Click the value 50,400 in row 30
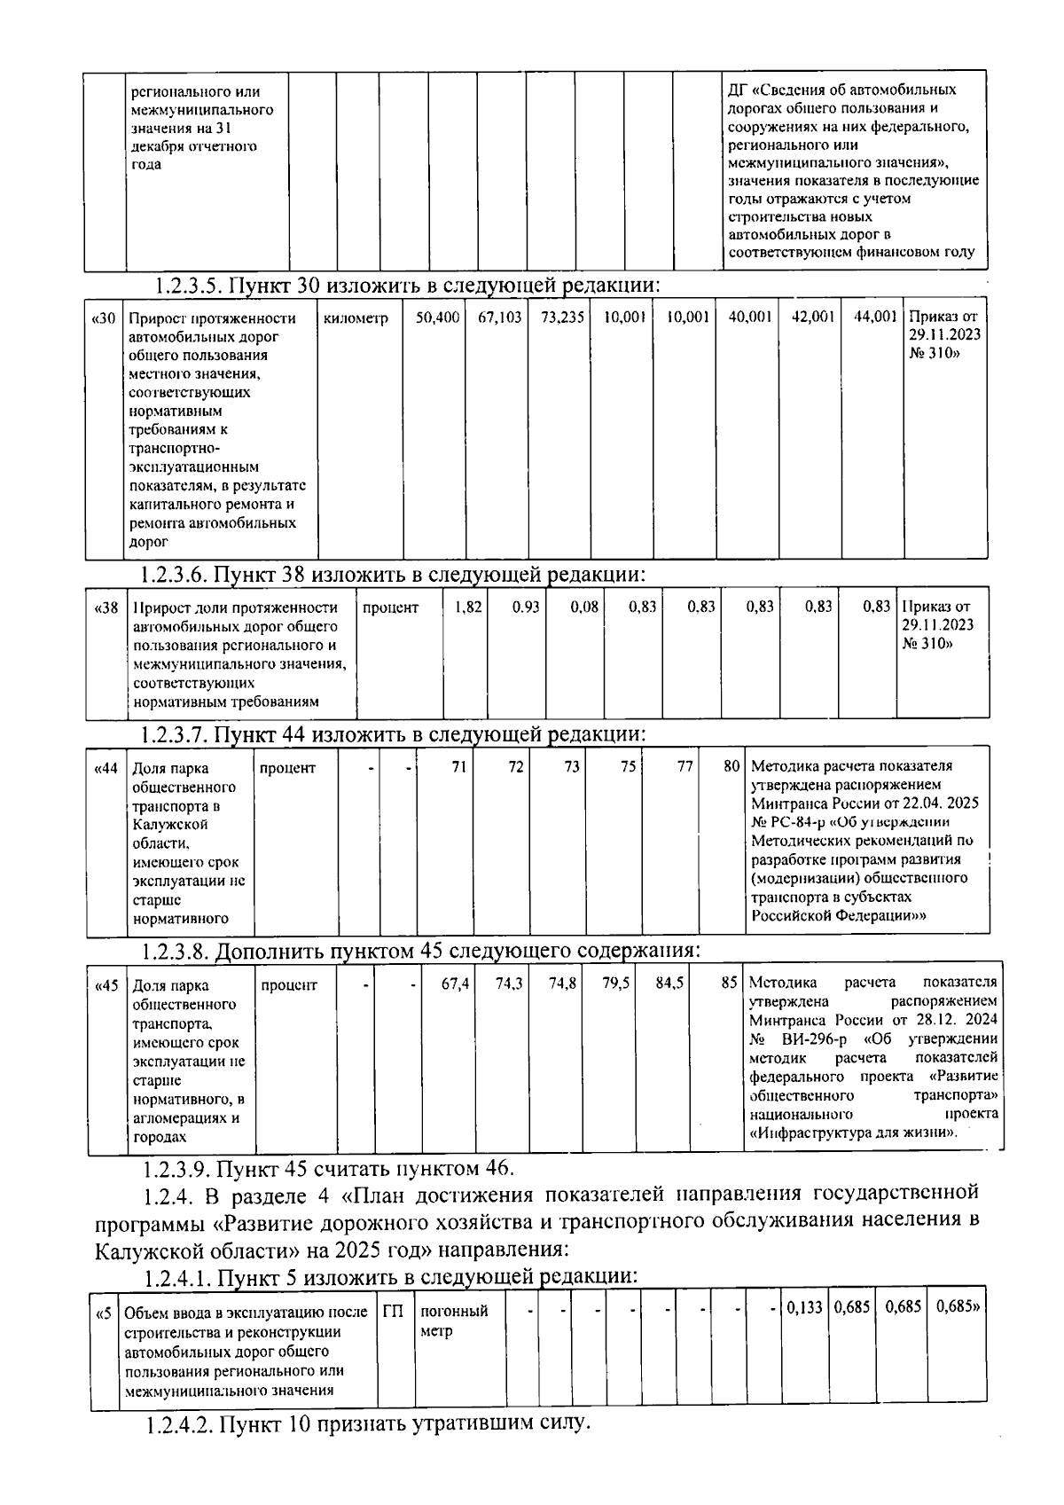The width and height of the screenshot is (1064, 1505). point(437,317)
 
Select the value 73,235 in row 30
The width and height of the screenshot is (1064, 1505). point(563,317)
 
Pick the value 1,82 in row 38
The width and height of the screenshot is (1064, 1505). point(468,607)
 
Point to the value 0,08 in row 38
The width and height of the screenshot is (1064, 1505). point(584,607)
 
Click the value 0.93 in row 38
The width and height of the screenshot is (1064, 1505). point(526,607)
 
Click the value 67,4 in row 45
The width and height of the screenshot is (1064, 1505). point(456,984)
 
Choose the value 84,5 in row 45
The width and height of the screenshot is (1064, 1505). point(669,984)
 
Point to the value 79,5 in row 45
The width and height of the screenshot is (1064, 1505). point(616,984)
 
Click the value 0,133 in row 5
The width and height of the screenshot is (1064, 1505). point(804,1308)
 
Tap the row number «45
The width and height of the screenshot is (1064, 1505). point(106,985)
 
